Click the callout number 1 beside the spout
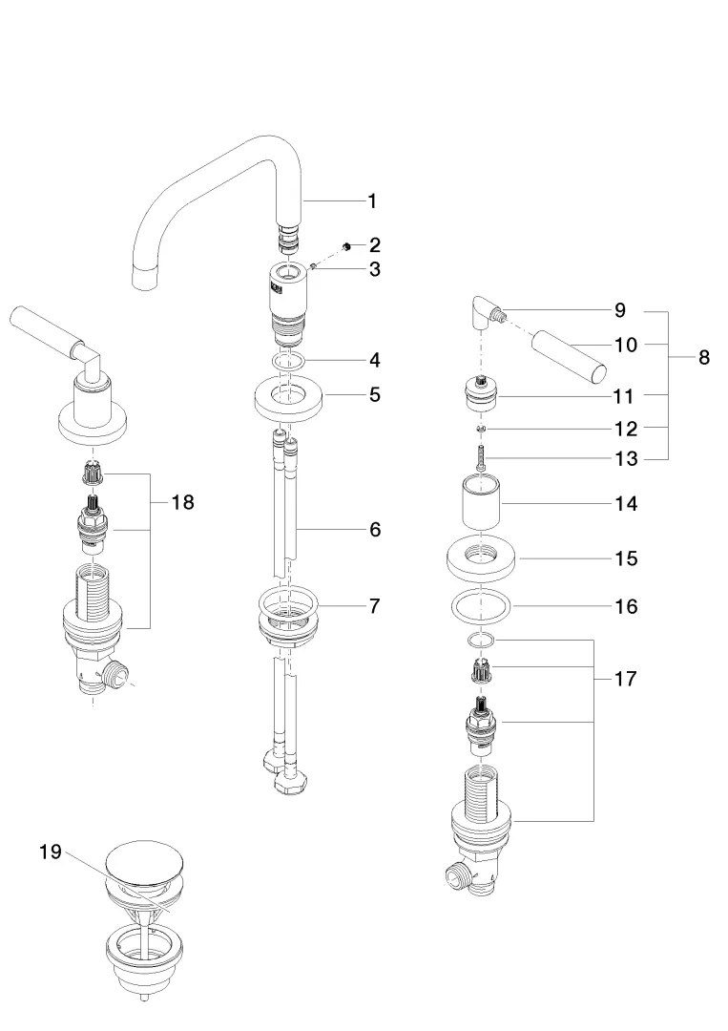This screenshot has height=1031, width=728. click(372, 200)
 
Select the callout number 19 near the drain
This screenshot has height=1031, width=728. click(50, 852)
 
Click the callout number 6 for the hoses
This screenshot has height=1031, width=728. click(375, 529)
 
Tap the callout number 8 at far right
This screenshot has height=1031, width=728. click(703, 358)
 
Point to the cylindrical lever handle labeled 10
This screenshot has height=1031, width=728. click(567, 355)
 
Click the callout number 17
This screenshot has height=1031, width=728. click(626, 680)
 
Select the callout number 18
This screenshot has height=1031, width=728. click(182, 502)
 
